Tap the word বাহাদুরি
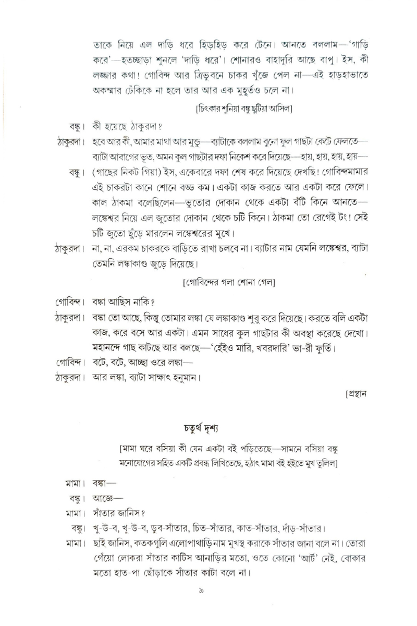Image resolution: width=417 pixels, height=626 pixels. pyautogui.click(x=296, y=55)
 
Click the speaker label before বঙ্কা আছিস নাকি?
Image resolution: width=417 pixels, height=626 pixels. pyautogui.click(x=72, y=302)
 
